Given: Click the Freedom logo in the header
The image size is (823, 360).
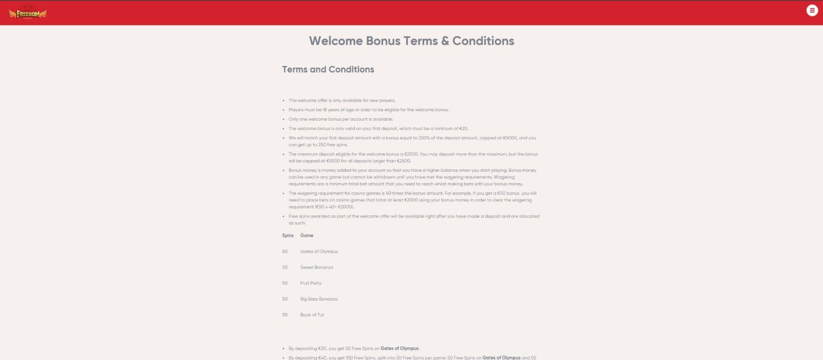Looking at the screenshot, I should (x=28, y=14).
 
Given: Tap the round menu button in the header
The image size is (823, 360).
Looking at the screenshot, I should (x=812, y=10).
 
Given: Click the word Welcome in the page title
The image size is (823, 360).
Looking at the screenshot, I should (x=335, y=41).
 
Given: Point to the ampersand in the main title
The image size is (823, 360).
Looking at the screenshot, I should (x=445, y=41).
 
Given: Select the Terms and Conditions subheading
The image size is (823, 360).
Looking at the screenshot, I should (x=328, y=69).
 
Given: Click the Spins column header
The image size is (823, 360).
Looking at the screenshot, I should (x=288, y=236).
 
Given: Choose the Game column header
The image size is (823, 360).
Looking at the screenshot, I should (x=307, y=236).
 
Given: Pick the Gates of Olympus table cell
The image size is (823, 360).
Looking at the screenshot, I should (x=319, y=251).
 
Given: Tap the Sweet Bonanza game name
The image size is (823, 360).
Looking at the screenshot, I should (x=316, y=267).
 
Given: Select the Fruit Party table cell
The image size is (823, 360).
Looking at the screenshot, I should (x=311, y=283).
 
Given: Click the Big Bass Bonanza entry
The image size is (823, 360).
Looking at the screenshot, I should (x=319, y=299).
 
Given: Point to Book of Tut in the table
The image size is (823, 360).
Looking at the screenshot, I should (x=312, y=315).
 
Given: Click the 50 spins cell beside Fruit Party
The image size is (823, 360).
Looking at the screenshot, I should (x=285, y=283).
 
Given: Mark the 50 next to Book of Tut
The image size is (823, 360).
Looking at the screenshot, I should (x=285, y=315).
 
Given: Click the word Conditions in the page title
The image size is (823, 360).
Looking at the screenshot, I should (x=483, y=41).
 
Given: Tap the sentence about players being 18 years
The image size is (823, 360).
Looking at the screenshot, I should (x=368, y=110).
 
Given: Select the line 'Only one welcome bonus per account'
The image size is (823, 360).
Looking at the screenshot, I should (x=341, y=119).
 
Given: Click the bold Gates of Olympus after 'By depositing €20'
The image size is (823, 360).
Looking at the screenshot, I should (x=400, y=349).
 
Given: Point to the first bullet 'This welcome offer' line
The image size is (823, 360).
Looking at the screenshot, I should (x=342, y=101).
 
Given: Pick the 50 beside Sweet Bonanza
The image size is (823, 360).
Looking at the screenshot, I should (x=285, y=267).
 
